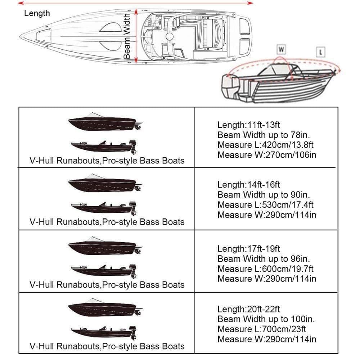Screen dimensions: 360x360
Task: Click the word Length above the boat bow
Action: coord(37,14)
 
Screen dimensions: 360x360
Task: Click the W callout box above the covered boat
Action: coord(281,48)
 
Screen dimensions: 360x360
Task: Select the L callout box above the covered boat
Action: coord(321,52)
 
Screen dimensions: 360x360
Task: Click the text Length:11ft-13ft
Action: coord(248,125)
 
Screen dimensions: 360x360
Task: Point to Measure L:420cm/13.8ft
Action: coord(265,145)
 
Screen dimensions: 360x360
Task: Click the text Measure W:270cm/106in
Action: coord(267,155)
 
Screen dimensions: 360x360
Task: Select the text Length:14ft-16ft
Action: coord(248,185)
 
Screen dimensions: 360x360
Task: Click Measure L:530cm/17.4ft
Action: coord(265,205)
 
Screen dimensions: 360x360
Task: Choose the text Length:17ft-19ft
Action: coord(248,249)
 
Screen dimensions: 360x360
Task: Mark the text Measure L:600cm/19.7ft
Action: coord(265,269)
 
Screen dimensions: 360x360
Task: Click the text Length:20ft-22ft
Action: coord(248,309)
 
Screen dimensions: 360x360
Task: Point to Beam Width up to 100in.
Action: coord(266,319)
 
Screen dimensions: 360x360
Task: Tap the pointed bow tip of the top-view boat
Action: coord(21,36)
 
